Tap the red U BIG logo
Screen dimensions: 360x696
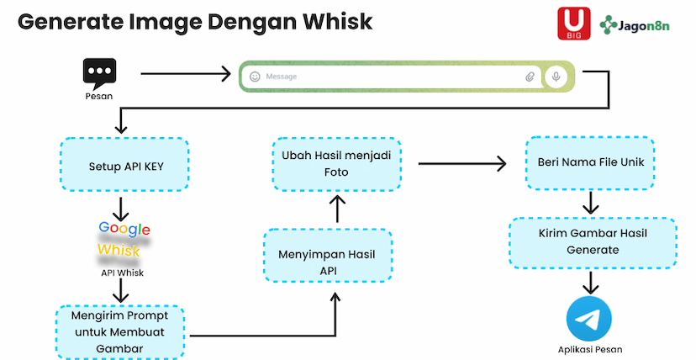click(x=574, y=23)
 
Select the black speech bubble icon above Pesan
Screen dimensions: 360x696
click(x=99, y=73)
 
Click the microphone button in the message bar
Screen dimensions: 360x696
click(x=555, y=77)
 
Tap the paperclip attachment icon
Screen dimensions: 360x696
click(x=530, y=77)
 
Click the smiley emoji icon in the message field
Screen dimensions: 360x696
click(x=255, y=77)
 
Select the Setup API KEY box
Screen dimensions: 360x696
click(x=125, y=166)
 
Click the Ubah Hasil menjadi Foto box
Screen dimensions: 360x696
click(x=336, y=164)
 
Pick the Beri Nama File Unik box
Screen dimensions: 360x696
click(x=591, y=162)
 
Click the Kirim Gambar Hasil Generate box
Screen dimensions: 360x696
click(x=591, y=242)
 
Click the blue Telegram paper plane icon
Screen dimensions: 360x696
click(x=588, y=319)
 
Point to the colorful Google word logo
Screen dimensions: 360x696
click(x=124, y=229)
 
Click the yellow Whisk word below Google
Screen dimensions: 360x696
click(x=119, y=251)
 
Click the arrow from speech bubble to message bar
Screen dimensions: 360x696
click(x=185, y=74)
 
